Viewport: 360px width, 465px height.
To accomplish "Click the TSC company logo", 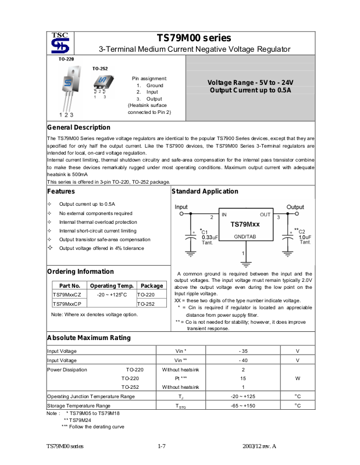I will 60,43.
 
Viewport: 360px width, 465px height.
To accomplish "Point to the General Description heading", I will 79,127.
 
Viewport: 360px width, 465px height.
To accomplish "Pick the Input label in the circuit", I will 181,207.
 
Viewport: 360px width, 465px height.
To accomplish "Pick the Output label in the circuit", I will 295,207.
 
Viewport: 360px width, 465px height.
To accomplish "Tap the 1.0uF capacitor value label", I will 305,237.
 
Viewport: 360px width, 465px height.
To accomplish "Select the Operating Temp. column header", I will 112,285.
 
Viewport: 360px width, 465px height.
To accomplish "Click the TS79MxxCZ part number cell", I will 67,295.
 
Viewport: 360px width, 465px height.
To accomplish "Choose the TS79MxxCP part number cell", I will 67,304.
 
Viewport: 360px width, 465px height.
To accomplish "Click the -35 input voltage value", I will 243,351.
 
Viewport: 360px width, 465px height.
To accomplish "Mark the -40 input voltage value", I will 243,360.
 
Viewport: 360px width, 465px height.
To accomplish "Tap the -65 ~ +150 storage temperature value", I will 243,406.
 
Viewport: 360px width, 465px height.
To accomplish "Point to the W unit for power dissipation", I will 297,378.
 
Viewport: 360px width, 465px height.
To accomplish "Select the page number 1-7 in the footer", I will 162,446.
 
